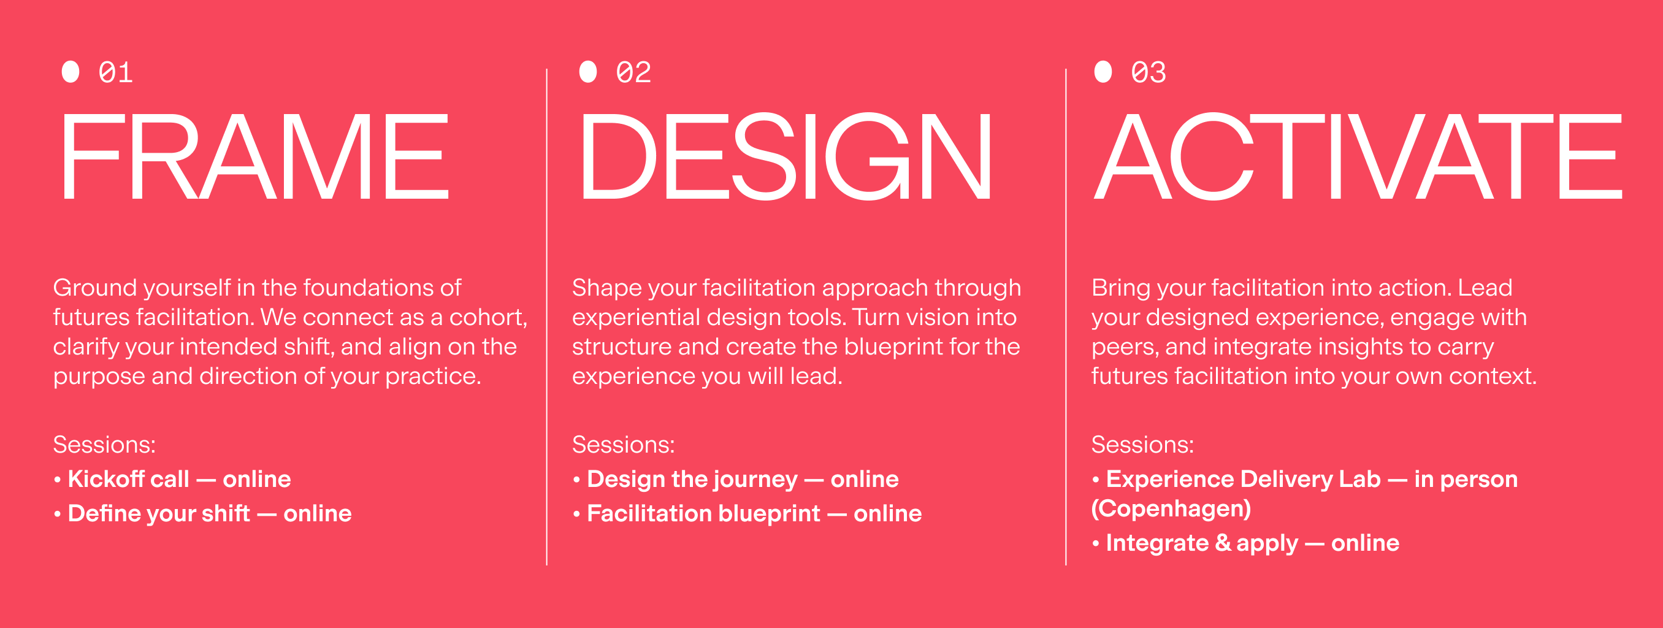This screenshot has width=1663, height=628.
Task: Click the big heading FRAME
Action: point(255,156)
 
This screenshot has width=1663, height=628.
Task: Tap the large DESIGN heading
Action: point(785,156)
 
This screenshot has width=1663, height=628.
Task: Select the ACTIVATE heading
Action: point(1358,156)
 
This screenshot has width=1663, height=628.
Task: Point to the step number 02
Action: point(633,72)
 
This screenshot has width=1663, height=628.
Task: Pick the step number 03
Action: point(1149,72)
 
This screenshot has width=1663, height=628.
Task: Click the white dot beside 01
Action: point(71,72)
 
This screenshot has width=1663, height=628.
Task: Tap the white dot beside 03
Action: point(1103,72)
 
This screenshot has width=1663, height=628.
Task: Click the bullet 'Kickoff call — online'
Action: point(172,479)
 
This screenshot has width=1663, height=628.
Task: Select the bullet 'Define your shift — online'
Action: point(203,514)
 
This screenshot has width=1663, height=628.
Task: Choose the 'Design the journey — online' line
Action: point(736,480)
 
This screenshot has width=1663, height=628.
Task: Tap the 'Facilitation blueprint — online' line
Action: point(747,514)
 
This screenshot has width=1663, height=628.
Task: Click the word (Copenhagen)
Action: point(1171,508)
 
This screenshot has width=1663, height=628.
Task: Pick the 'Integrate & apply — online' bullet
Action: point(1246,543)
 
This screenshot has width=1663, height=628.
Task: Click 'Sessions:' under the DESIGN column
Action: point(624,445)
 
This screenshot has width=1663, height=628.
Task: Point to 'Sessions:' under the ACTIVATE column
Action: point(1142,445)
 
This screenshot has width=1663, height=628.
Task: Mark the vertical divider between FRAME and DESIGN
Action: point(547,317)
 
